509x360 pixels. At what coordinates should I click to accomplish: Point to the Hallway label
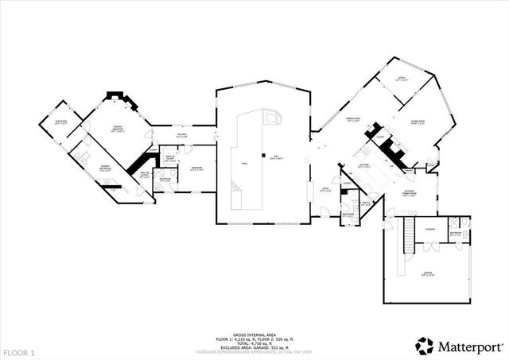(x=181, y=136)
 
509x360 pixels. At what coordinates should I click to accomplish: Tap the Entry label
(x=324, y=190)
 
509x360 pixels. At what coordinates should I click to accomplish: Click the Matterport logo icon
(x=424, y=344)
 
